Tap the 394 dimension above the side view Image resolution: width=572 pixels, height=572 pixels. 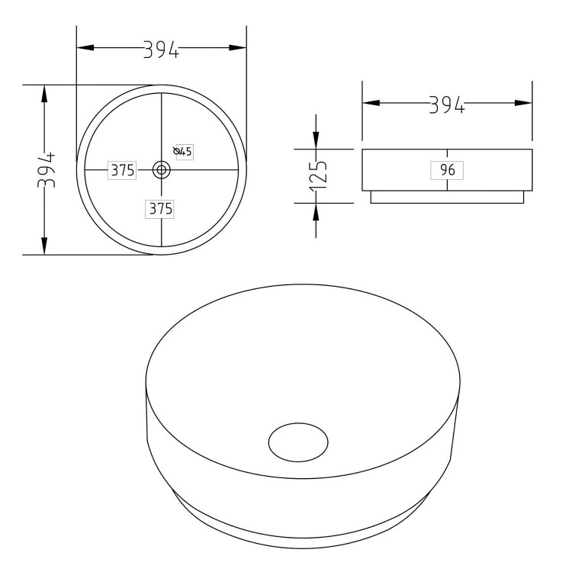[x=447, y=104]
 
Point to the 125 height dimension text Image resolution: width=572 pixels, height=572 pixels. [x=319, y=175]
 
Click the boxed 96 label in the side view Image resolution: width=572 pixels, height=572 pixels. [x=447, y=170]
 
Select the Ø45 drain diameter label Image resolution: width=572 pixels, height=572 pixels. [x=184, y=152]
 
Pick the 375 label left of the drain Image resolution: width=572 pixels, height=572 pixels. [x=122, y=170]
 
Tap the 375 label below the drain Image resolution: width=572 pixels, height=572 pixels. [x=160, y=208]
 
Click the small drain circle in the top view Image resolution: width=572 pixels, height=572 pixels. [x=161, y=170]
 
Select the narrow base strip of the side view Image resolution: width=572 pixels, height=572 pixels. [x=447, y=198]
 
